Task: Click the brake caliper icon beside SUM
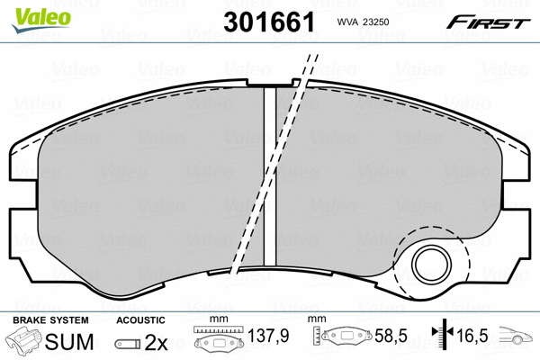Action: coord(23,341)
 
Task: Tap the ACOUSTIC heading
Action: coord(141,320)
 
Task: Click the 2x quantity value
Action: coord(157,342)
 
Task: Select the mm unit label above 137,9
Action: coord(216,320)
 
